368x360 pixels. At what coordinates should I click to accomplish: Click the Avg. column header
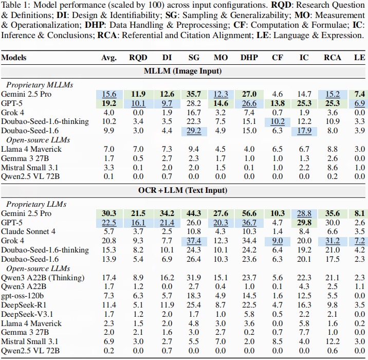pos(109,57)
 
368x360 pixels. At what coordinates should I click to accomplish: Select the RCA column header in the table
pos(333,57)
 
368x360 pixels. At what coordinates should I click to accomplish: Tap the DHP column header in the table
pos(249,57)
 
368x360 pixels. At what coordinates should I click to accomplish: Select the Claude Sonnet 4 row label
pos(29,231)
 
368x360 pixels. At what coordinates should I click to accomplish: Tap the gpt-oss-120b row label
pos(23,296)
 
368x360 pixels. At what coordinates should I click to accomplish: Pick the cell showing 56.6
pos(249,213)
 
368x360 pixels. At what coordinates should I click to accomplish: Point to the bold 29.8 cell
pos(305,222)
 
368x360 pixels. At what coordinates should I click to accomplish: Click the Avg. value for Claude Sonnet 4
pos(109,231)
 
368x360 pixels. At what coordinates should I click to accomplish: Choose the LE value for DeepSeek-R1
pos(359,305)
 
